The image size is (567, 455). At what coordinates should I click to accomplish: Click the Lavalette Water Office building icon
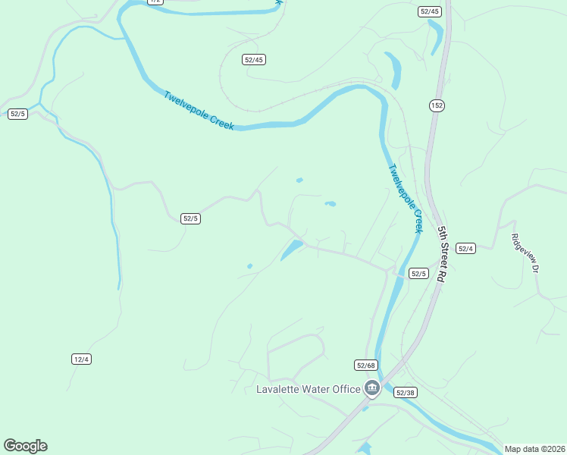click(371, 389)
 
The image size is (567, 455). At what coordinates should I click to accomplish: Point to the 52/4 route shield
click(465, 249)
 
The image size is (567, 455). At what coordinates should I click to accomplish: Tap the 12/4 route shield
click(82, 359)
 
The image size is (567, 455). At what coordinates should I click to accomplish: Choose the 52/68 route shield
click(365, 366)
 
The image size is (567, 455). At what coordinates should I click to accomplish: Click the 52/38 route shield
click(404, 392)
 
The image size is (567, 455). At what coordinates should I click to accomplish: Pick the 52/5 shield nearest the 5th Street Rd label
click(418, 273)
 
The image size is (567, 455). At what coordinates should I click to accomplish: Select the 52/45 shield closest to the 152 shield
click(429, 11)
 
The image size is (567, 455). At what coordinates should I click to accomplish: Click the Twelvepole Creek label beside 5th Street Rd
click(405, 198)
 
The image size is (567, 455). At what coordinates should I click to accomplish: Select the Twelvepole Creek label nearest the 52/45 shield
click(199, 111)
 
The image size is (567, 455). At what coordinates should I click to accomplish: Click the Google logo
click(25, 446)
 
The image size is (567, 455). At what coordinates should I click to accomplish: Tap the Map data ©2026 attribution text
click(534, 449)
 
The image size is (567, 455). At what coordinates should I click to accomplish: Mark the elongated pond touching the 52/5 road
click(291, 249)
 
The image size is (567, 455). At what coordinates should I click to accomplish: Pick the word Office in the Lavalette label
click(346, 390)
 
